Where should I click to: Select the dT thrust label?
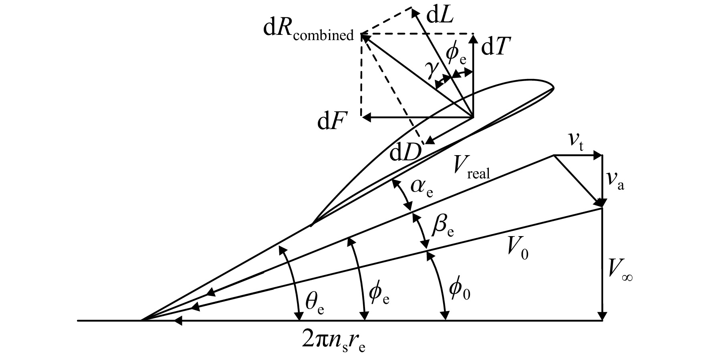[495, 48]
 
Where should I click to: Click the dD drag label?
[405, 152]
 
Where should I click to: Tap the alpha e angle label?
[422, 187]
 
